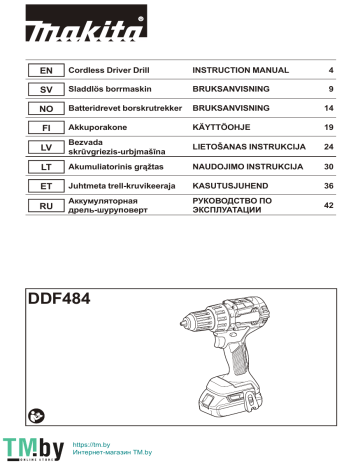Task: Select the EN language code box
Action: point(44,72)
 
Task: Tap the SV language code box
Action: point(44,90)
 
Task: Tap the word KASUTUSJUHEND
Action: point(233,187)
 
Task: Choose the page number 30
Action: point(327,168)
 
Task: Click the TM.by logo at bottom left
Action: point(27,448)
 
